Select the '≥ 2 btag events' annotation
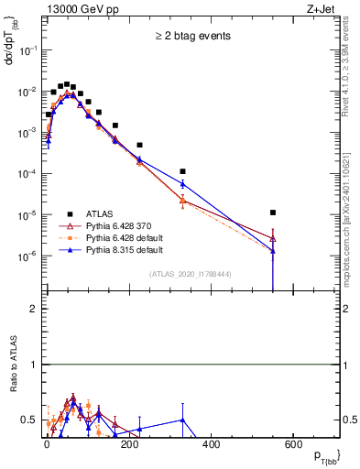(x=191, y=36)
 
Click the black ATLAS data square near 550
(x=273, y=213)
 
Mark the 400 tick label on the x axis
(x=211, y=444)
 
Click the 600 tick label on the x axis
(x=292, y=444)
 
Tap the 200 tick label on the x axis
(x=129, y=444)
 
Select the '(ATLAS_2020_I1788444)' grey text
(x=191, y=274)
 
